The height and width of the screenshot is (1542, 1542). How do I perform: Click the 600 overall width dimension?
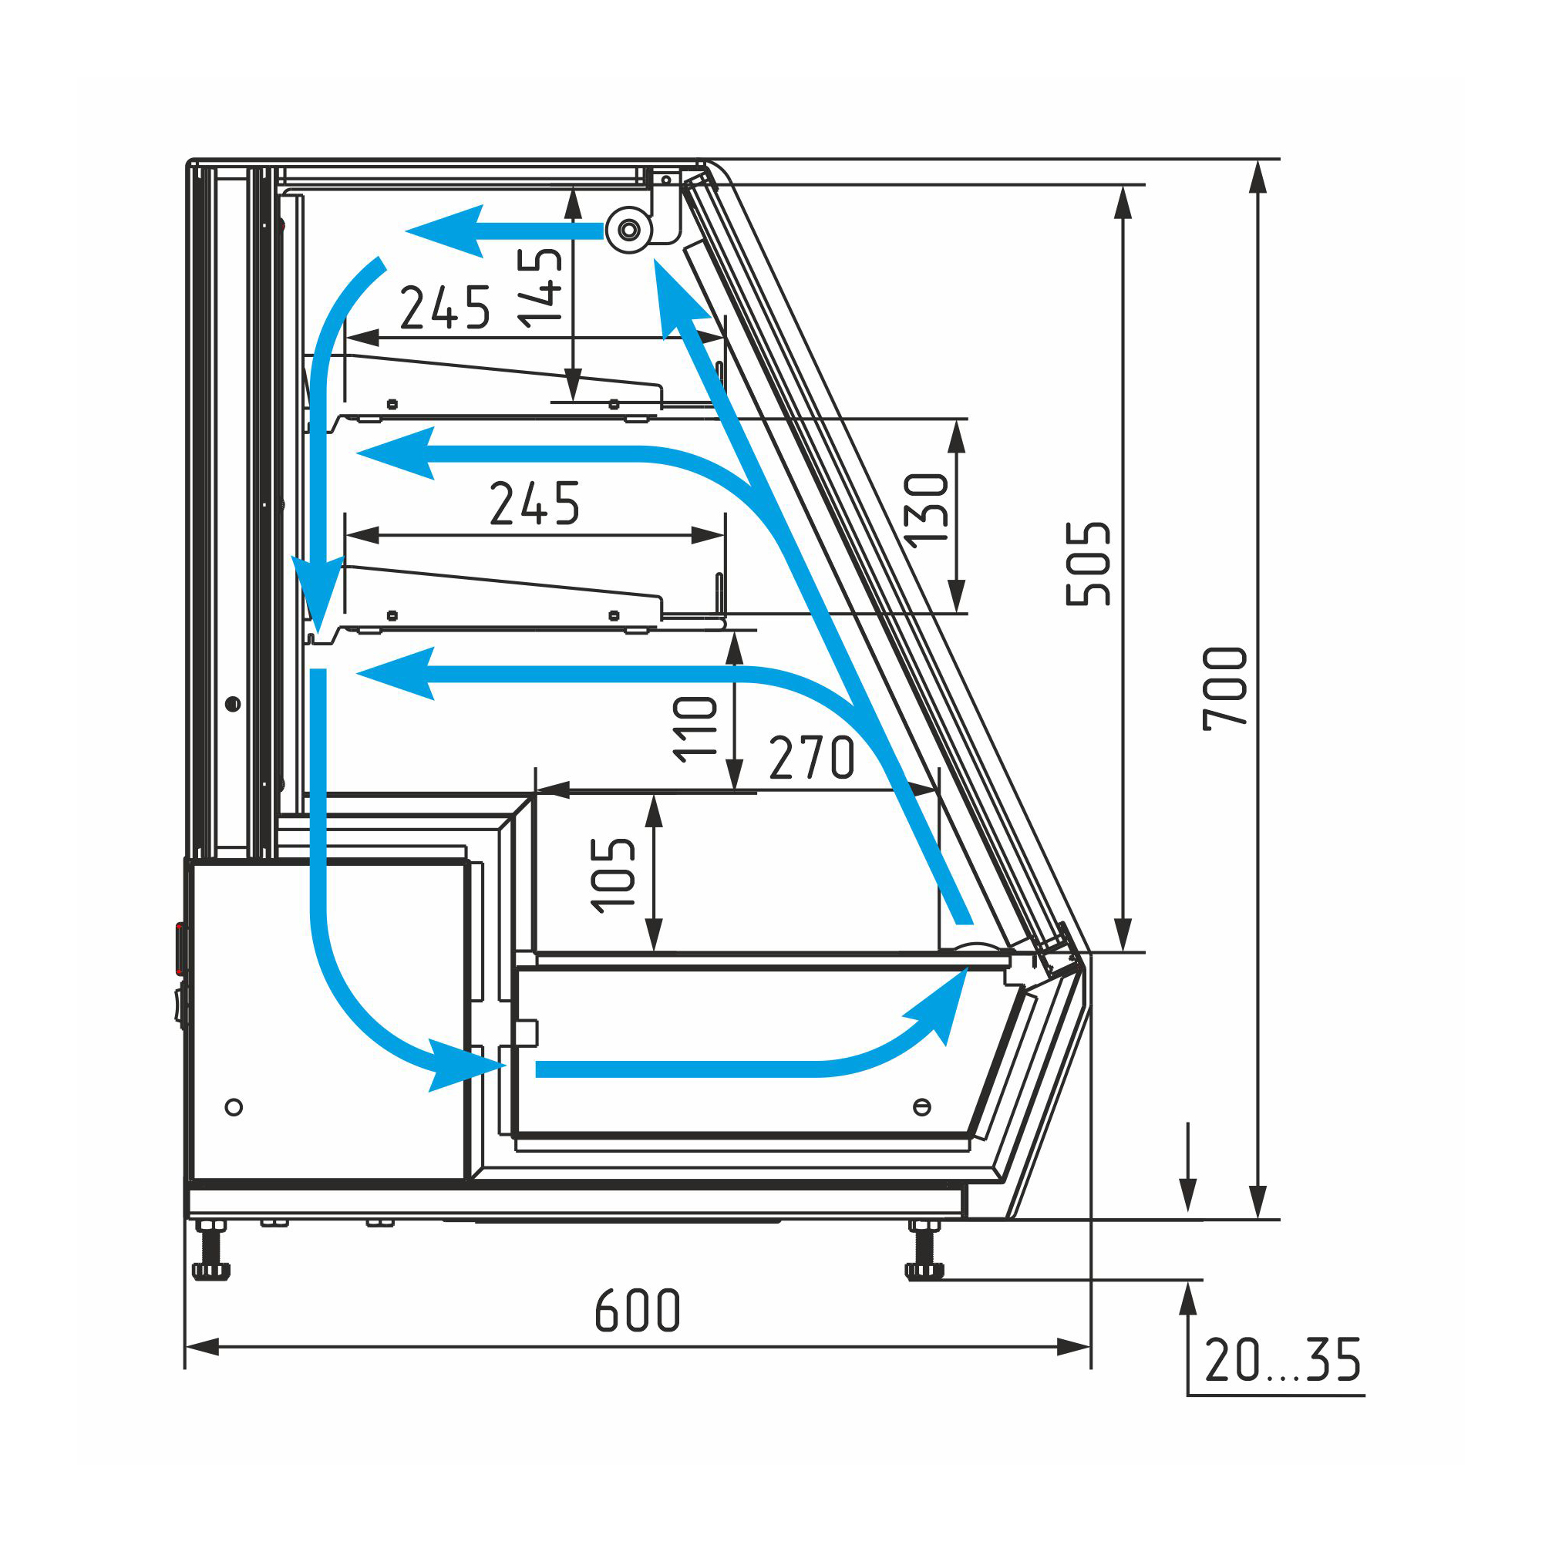coord(638,1310)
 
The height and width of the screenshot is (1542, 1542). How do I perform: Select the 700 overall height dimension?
coord(1225,688)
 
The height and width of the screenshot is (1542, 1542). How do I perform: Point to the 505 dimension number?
coord(1088,564)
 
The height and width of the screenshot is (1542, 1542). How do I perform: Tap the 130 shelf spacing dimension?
coord(926,510)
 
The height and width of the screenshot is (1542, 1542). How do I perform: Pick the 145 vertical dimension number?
coord(540,288)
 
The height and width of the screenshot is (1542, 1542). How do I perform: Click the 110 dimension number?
coord(695,729)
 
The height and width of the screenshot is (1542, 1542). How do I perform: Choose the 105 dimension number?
coord(612,875)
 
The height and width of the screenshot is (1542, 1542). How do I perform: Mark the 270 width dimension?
coord(812,757)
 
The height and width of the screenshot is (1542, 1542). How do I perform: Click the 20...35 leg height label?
coord(1283,1360)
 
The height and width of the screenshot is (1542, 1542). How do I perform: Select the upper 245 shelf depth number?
coord(445,308)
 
